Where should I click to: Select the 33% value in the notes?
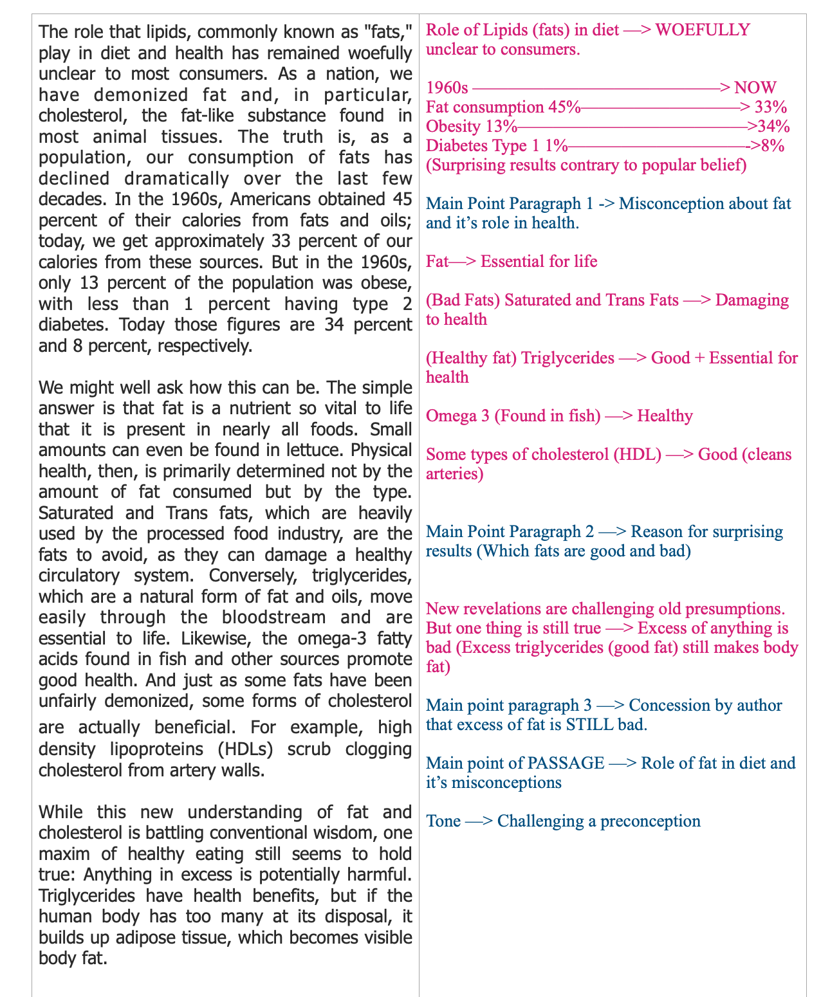(771, 107)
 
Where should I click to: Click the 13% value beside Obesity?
(502, 127)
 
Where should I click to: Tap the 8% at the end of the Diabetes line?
(773, 146)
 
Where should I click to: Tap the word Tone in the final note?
(442, 821)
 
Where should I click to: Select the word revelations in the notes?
(503, 609)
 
